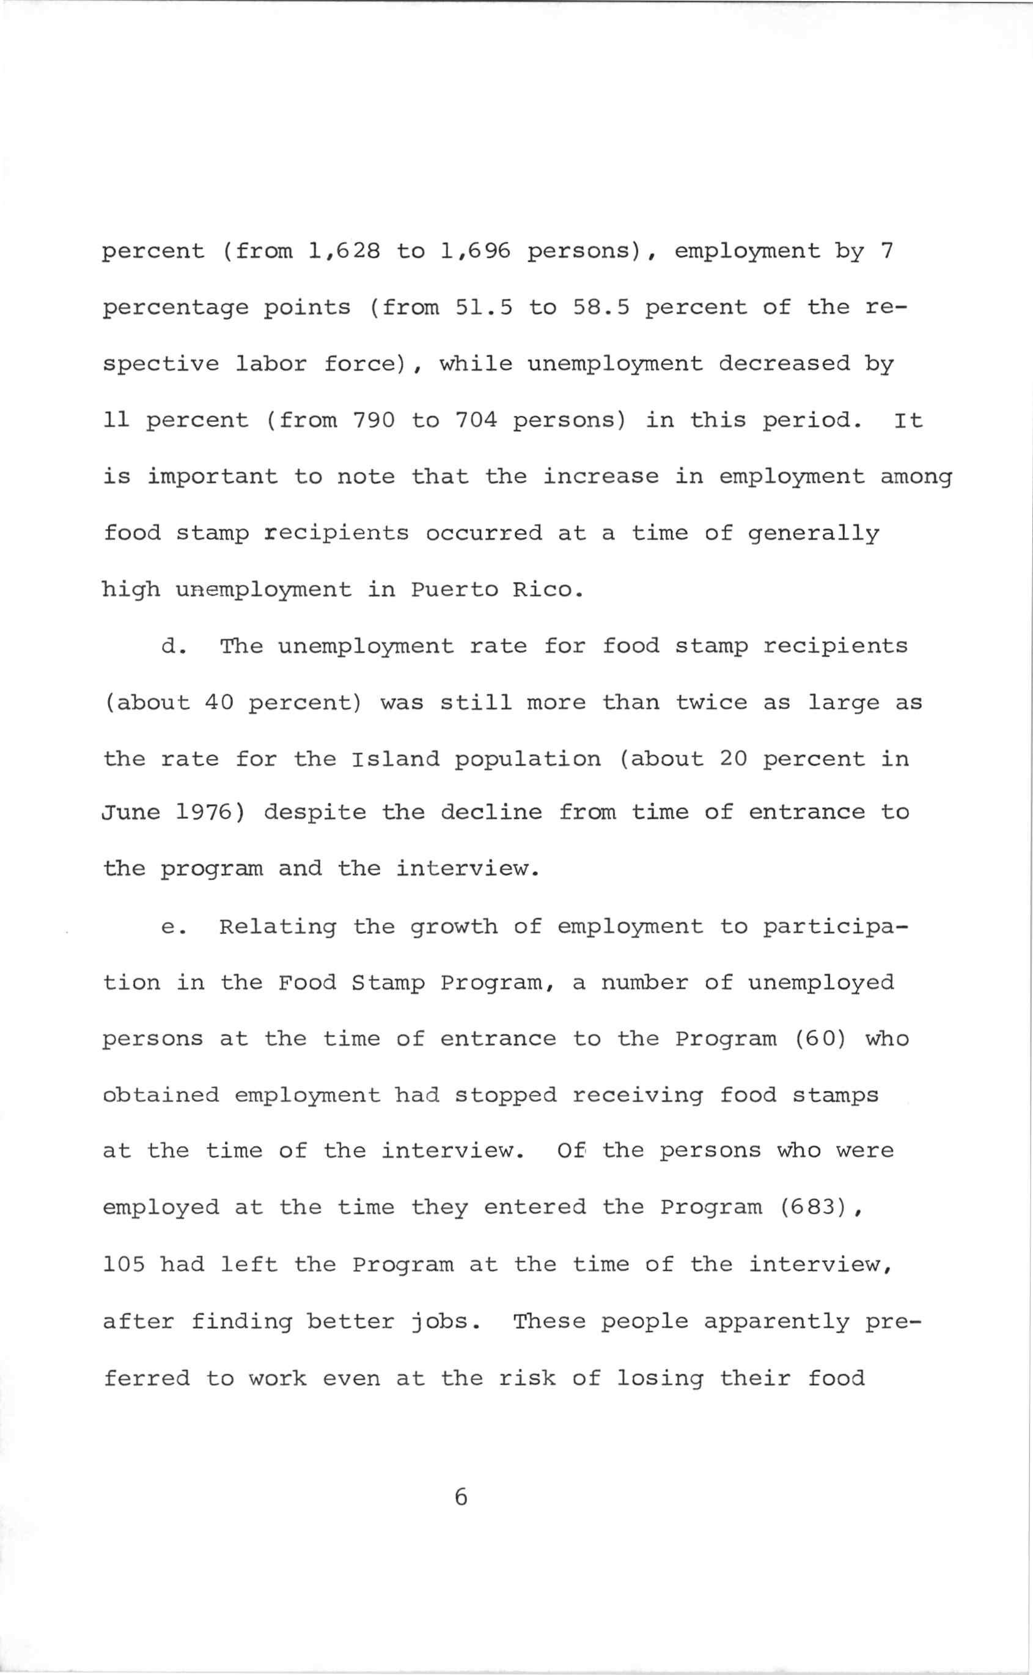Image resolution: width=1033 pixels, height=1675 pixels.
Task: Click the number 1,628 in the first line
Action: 344,251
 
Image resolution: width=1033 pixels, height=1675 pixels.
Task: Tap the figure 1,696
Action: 476,251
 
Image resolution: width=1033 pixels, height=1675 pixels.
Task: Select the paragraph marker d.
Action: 170,646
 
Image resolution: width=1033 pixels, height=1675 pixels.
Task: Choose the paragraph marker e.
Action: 170,927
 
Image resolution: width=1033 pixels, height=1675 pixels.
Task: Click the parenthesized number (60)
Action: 820,1039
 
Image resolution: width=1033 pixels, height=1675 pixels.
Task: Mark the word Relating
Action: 278,927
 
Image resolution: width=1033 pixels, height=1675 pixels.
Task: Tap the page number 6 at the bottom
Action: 460,1497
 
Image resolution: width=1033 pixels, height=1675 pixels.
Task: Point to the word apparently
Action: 776,1321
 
